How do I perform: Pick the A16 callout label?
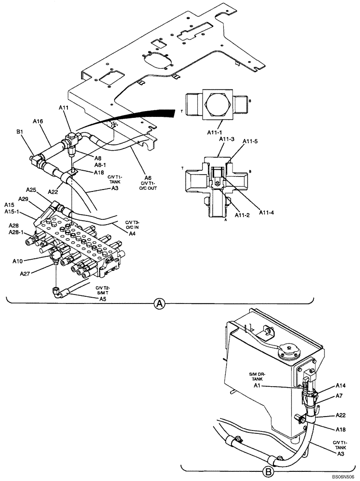click(x=39, y=122)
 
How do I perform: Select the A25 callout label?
click(x=32, y=190)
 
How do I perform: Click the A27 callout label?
click(x=26, y=273)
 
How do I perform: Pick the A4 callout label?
click(x=131, y=233)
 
